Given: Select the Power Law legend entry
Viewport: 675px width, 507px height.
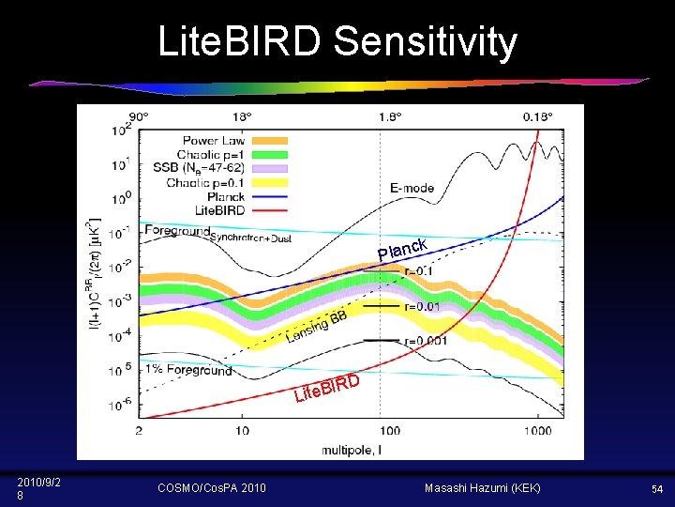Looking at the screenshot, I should pos(213,141).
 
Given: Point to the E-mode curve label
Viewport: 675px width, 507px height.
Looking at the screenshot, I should pos(412,188).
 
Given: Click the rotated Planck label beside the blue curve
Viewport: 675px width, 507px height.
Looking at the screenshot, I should pos(403,248).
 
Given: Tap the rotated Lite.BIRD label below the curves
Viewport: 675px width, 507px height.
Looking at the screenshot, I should pos(327,388).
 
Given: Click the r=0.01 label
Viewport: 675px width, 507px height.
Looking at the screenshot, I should pos(420,306).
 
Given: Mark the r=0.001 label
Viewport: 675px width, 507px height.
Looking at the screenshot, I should pos(424,342).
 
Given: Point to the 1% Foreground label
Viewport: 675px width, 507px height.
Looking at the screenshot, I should pos(187,370).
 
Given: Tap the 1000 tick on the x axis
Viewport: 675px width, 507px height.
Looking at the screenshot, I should pos(537,430).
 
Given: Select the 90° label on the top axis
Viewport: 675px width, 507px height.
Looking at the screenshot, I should pos(139,116).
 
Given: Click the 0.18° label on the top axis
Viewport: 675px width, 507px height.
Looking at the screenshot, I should pos(537,116).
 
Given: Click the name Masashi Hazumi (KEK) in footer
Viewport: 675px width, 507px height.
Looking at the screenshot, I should pos(482,488).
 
